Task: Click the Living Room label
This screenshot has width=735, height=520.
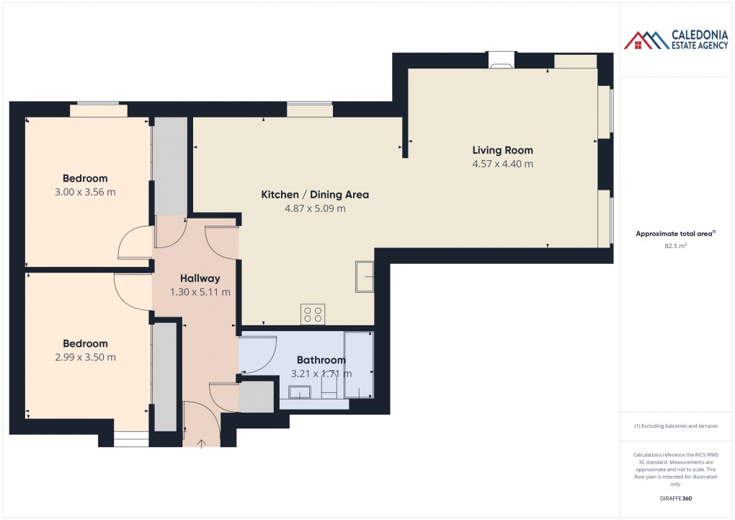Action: coord(502,150)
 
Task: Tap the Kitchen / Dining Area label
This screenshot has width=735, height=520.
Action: coord(315,195)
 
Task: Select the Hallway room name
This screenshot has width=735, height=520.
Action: coord(200,278)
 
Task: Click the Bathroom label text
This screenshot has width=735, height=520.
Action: coord(321,360)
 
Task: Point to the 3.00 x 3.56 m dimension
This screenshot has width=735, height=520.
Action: coord(85,193)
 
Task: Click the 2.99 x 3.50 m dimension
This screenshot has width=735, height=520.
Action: coord(85,357)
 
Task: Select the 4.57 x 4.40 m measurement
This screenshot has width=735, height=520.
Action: coord(502,164)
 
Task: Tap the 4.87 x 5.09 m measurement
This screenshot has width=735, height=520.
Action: coord(315,209)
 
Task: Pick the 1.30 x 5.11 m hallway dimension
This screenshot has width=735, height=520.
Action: coord(200,292)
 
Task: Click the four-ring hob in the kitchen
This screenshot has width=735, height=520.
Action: coord(313,314)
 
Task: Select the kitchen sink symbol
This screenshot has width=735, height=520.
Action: coord(364,278)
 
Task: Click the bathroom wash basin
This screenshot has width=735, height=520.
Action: coord(298,392)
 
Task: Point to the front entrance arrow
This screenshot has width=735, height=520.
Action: coord(202,442)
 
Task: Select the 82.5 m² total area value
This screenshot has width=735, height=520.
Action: coord(675,246)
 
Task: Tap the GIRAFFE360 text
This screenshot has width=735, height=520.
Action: coord(675,498)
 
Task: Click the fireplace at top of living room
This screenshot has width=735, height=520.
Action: coord(500,61)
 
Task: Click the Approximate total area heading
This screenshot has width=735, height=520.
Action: coord(674,234)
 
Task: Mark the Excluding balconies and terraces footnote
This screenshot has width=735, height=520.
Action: coord(675,426)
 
